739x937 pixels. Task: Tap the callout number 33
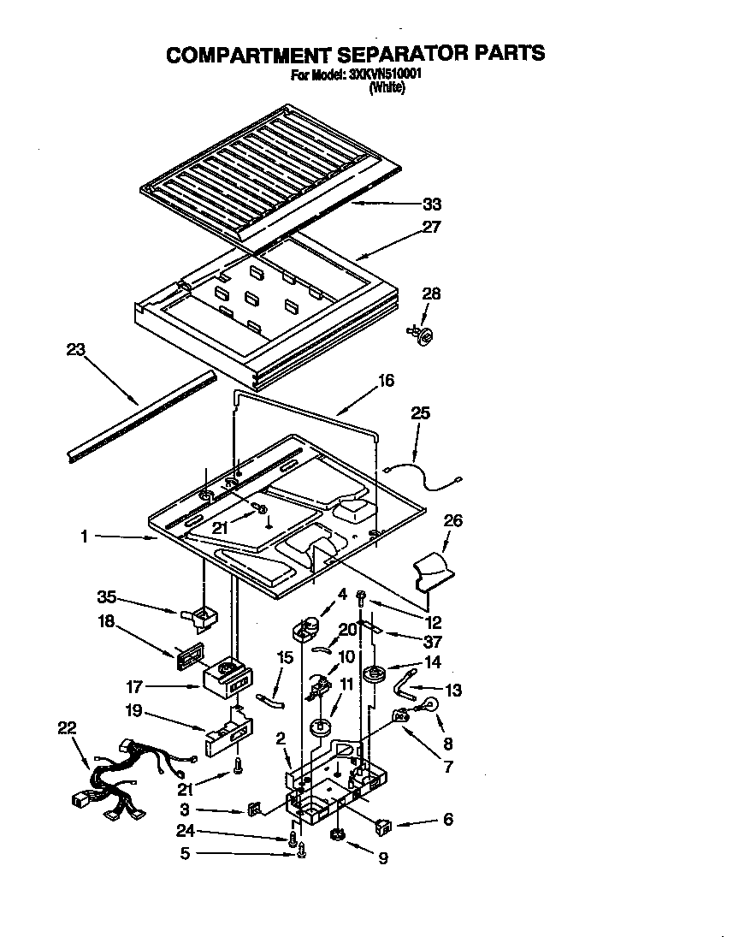[x=434, y=205]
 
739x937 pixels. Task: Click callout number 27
[x=430, y=228]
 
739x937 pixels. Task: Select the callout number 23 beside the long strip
[x=77, y=349]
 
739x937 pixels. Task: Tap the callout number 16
[x=387, y=380]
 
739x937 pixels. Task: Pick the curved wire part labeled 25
[x=425, y=475]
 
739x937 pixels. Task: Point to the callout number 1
[x=84, y=537]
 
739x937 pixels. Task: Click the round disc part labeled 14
[x=372, y=675]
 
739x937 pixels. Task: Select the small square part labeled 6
[x=383, y=827]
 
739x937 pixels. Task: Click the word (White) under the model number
[x=387, y=86]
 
